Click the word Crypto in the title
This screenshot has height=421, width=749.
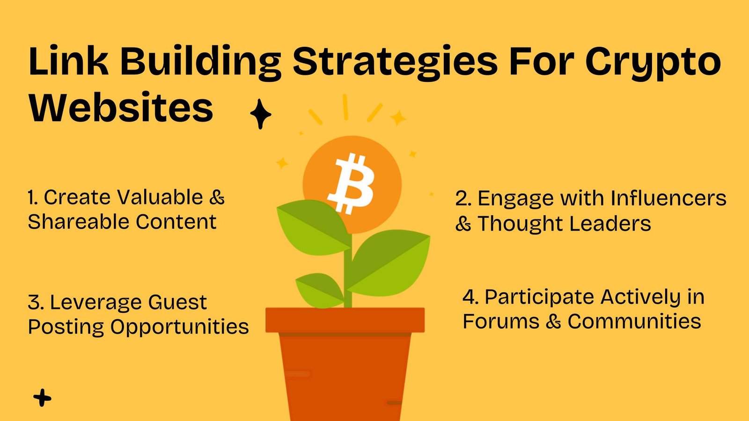click(653, 62)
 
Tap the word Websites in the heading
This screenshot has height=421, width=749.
click(121, 107)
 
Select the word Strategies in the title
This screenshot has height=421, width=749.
click(395, 62)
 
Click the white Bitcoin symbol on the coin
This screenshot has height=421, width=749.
click(351, 183)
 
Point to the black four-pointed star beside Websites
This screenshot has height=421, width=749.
click(260, 114)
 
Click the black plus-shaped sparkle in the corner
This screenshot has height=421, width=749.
click(42, 398)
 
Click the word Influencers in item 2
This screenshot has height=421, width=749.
click(668, 198)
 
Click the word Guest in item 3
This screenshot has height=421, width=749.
click(177, 302)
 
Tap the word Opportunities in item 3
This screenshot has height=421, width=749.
click(180, 327)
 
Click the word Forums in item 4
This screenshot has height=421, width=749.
click(501, 321)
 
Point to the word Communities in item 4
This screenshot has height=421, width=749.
click(634, 321)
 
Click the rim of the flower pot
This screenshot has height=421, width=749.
click(345, 320)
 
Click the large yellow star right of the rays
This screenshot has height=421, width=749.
click(398, 117)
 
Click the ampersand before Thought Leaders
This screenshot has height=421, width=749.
click(463, 224)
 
